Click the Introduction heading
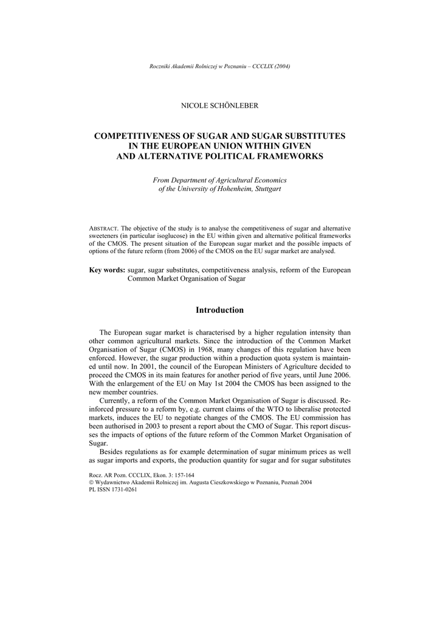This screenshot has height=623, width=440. coord(219,310)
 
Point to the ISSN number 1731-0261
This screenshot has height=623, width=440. coord(123,489)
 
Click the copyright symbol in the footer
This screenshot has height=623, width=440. coord(91,482)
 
